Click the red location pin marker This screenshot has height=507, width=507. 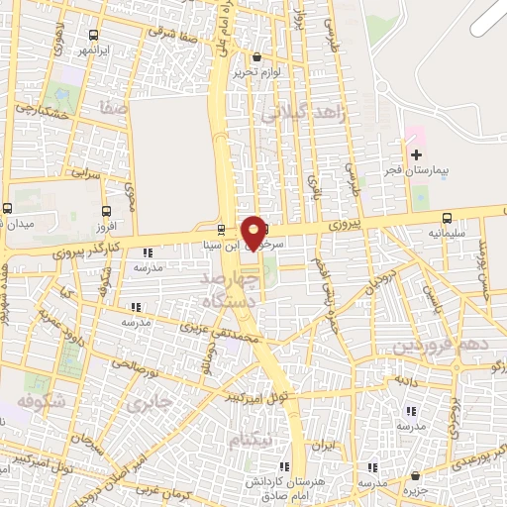(253, 232)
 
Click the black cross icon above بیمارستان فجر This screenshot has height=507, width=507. (416, 153)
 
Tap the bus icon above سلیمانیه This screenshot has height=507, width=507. (448, 218)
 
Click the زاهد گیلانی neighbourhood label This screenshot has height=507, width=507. (306, 115)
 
